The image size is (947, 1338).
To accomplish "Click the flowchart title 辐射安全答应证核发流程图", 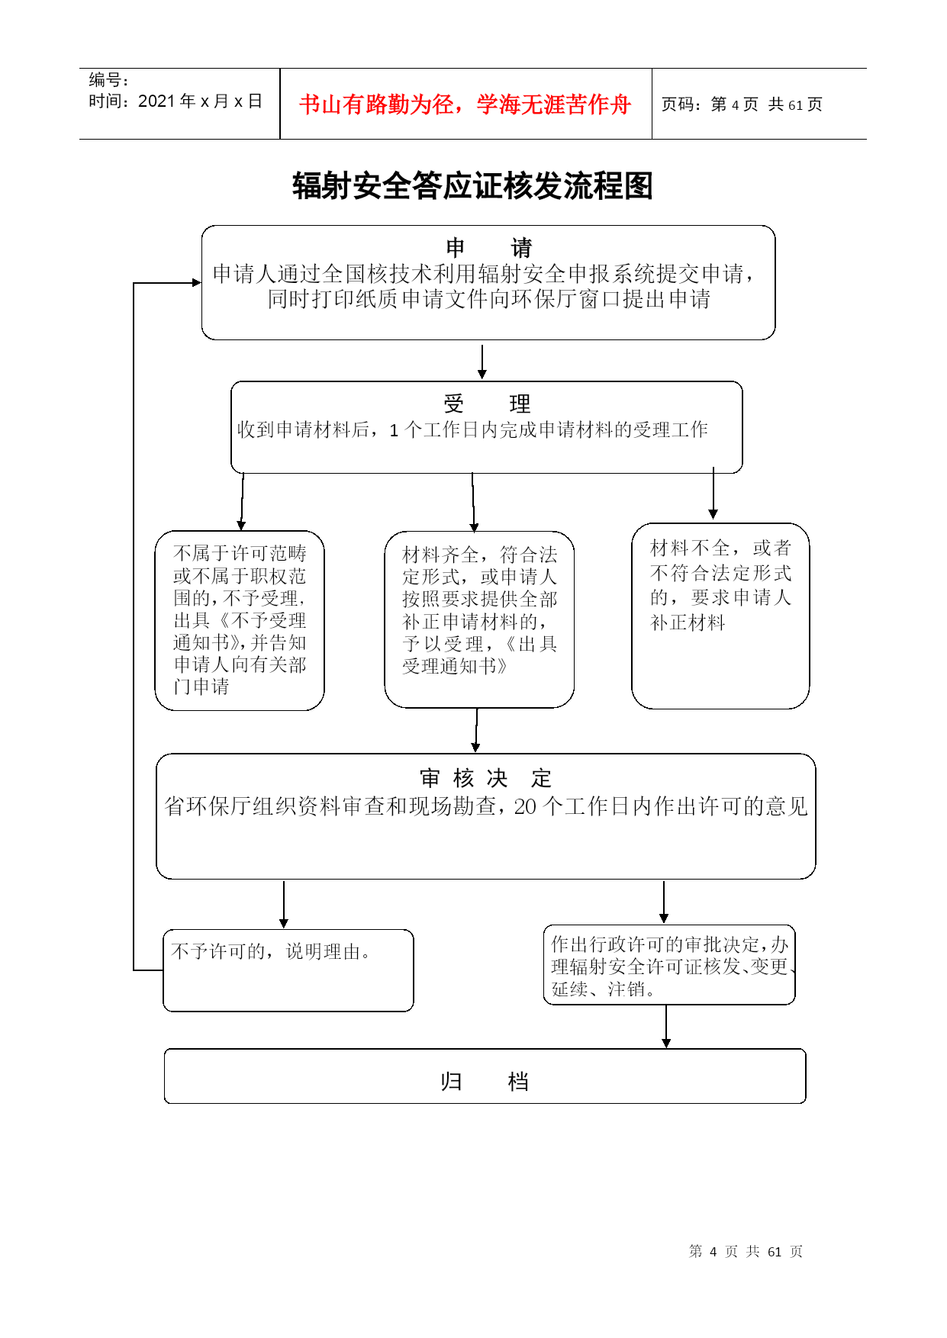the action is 472,186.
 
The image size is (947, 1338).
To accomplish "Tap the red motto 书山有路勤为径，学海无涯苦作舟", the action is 465,105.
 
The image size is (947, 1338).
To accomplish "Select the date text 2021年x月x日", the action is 201,101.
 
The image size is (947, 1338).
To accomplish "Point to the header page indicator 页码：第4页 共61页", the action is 742,105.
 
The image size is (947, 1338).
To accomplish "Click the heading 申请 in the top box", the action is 489,248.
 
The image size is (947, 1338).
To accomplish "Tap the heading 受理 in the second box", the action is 487,404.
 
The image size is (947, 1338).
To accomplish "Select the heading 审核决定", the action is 485,778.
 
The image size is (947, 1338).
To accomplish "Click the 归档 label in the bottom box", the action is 485,1082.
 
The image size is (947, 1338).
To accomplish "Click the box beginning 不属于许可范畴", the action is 240,620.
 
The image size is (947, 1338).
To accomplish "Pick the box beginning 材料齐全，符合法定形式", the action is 479,619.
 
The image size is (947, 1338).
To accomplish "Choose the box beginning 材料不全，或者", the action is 720,616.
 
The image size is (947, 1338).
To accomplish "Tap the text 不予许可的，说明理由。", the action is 272,952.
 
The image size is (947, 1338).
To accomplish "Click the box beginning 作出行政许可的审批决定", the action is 669,965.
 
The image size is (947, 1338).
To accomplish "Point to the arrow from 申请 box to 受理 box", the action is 482,362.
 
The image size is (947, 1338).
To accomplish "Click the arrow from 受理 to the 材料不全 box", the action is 713,494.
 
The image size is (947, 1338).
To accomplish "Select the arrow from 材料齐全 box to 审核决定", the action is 476,731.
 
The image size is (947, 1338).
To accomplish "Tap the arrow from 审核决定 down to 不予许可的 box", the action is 284,905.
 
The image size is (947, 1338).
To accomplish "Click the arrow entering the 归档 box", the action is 666,1027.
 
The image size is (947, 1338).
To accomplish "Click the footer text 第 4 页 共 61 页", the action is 746,1251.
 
